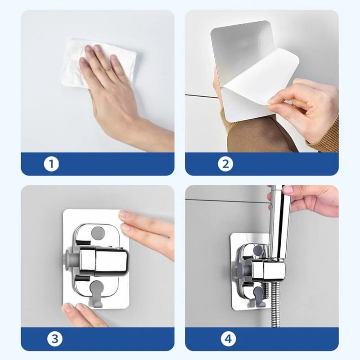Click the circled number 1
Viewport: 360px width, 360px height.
click(51, 164)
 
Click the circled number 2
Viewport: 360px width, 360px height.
click(225, 164)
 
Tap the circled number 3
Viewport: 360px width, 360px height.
click(55, 339)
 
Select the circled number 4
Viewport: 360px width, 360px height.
click(229, 339)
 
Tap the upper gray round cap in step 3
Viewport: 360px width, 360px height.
click(98, 233)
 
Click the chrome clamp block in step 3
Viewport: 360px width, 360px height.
click(103, 261)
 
